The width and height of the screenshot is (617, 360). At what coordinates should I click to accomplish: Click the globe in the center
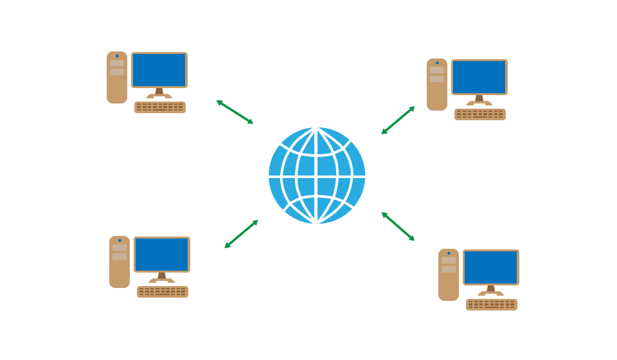pyautogui.click(x=317, y=175)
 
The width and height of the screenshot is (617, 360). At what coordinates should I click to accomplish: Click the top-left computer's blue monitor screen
pyautogui.click(x=159, y=69)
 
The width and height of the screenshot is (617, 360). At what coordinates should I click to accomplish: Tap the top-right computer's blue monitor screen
pyautogui.click(x=479, y=76)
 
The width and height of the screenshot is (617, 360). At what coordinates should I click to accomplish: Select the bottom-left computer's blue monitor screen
pyautogui.click(x=162, y=254)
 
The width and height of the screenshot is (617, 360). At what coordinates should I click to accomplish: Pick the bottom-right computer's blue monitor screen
pyautogui.click(x=491, y=267)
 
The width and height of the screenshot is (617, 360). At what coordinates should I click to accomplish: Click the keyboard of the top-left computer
pyautogui.click(x=160, y=107)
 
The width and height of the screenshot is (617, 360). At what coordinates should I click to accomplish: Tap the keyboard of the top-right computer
pyautogui.click(x=480, y=114)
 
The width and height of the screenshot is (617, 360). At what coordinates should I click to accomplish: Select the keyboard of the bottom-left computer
pyautogui.click(x=163, y=292)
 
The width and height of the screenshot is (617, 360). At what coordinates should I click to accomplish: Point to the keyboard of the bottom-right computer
pyautogui.click(x=492, y=305)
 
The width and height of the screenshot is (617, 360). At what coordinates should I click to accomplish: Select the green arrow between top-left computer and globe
pyautogui.click(x=235, y=112)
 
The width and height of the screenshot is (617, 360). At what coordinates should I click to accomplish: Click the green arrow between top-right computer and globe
pyautogui.click(x=398, y=120)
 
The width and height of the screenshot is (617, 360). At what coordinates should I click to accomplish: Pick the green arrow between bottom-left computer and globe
pyautogui.click(x=241, y=234)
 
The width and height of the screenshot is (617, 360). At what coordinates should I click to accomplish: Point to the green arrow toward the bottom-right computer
pyautogui.click(x=398, y=226)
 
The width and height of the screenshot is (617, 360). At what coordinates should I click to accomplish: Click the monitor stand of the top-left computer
pyautogui.click(x=159, y=93)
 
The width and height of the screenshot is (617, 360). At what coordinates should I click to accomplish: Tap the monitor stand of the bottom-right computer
pyautogui.click(x=491, y=290)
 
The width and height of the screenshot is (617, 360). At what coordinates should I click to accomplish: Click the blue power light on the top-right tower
pyautogui.click(x=437, y=63)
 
